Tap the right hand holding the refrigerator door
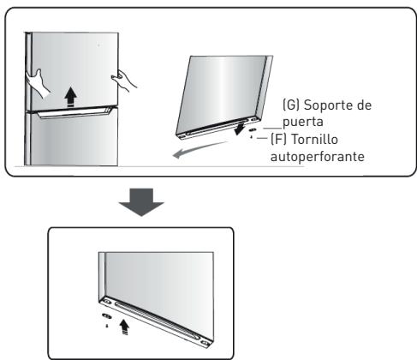point(126,81)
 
